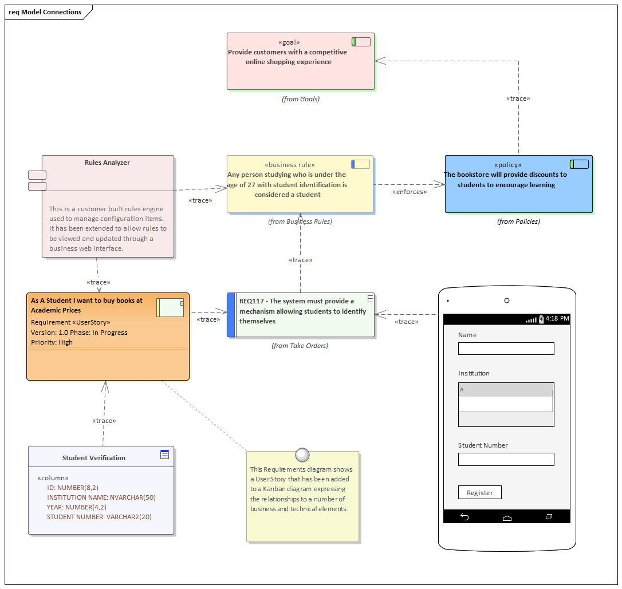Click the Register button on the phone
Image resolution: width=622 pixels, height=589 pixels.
click(x=479, y=492)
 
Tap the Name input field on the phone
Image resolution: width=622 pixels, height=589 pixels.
click(x=506, y=349)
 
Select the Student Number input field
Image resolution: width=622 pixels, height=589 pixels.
click(x=506, y=459)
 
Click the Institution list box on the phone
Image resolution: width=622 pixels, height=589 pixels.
click(x=506, y=405)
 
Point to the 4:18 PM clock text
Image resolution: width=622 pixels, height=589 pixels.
click(x=557, y=318)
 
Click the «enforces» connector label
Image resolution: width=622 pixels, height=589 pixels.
click(x=409, y=192)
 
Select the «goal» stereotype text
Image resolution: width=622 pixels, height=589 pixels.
click(x=289, y=42)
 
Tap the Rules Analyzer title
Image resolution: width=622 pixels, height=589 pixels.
click(x=107, y=163)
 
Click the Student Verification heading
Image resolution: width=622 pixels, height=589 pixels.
click(x=94, y=458)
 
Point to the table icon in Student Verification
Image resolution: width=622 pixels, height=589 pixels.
click(x=165, y=454)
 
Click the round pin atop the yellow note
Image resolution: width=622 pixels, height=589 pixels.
click(x=302, y=455)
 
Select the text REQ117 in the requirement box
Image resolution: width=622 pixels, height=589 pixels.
click(x=252, y=301)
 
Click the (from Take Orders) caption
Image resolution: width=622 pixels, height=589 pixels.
click(x=300, y=346)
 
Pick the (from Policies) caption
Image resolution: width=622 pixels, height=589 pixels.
click(x=518, y=222)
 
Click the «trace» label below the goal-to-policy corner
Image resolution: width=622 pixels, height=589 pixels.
click(x=518, y=98)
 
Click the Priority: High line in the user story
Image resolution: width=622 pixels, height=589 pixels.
click(x=52, y=342)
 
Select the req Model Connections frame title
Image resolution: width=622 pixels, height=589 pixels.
click(x=45, y=12)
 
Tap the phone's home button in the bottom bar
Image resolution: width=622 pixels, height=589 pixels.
click(x=507, y=517)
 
